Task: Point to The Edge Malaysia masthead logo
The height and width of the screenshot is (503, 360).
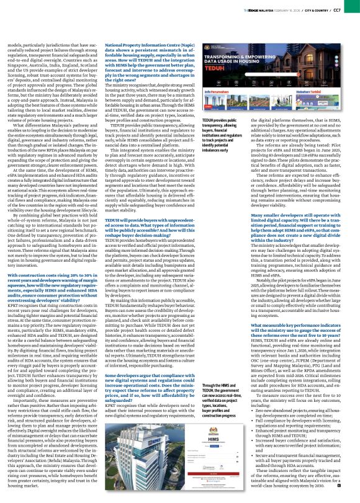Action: click(x=268, y=9)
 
